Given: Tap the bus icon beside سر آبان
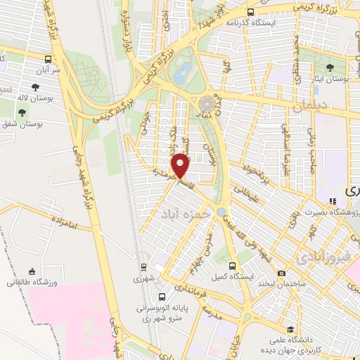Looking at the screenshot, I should pos(48,60).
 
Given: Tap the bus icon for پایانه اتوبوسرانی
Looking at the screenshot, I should pos(162,297).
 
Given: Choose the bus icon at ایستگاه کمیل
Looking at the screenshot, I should pos(233,265).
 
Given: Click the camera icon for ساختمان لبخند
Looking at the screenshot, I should pos(282,273).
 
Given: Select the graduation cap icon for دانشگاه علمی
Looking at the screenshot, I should pos(290,328).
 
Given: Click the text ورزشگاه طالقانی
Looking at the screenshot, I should pos(28,283).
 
